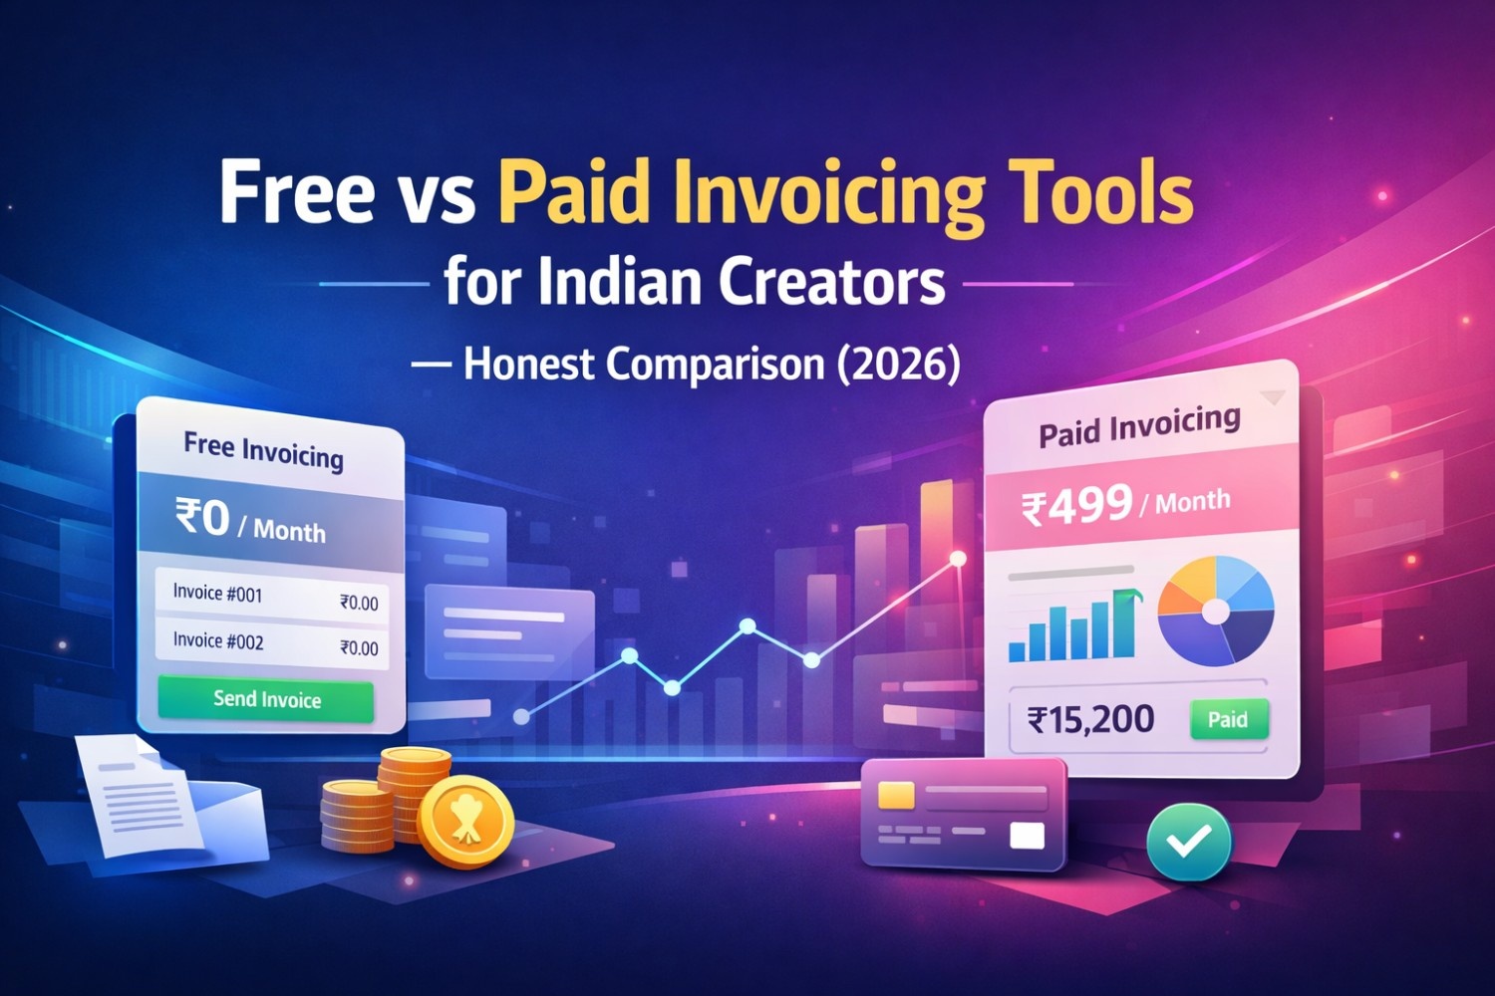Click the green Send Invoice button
pos(266,699)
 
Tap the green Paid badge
pos(1228,719)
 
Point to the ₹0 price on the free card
pos(203,518)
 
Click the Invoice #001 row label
pos(217,594)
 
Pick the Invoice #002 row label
pos(218,640)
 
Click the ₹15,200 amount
pos(1090,719)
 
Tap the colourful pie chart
pos(1216,611)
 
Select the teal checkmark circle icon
pos(1189,842)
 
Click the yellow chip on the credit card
pos(896,795)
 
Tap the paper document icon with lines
pos(138,797)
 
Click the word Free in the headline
pos(296,192)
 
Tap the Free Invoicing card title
pos(263,450)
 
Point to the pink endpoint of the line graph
pos(958,559)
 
